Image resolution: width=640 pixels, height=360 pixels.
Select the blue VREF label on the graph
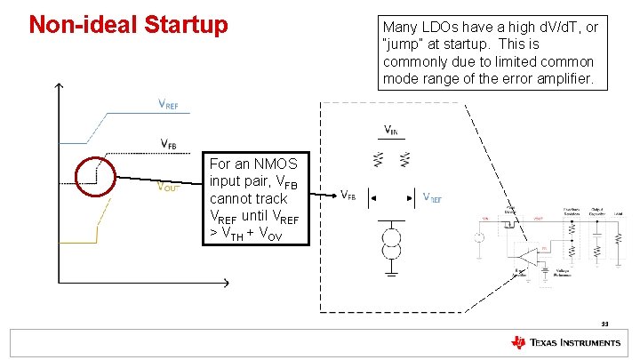167,106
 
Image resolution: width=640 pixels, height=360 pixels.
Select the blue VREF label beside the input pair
432,198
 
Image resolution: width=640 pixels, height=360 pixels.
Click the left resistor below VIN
380,159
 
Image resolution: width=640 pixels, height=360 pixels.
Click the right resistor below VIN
404,159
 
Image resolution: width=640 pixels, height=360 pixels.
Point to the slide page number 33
604,324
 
